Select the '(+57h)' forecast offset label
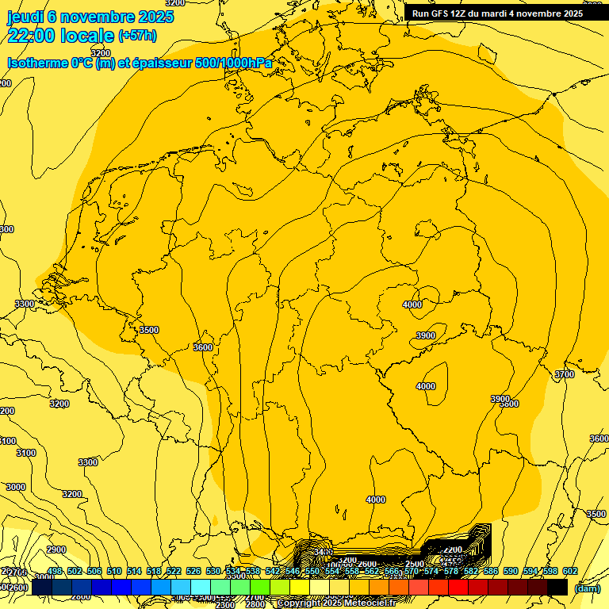pyautogui.click(x=136, y=36)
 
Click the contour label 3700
pyautogui.click(x=564, y=374)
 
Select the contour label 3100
pyautogui.click(x=26, y=453)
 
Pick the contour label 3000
pyautogui.click(x=16, y=487)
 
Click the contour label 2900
pyautogui.click(x=56, y=550)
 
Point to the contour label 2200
pyautogui.click(x=452, y=550)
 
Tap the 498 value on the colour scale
pyautogui.click(x=55, y=571)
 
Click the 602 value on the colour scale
pyautogui.click(x=569, y=571)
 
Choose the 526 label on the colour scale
pyautogui.click(x=193, y=571)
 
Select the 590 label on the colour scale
pyautogui.click(x=511, y=571)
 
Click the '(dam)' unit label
pyautogui.click(x=587, y=588)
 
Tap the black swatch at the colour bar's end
pyautogui.click(x=557, y=588)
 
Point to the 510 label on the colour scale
pyautogui.click(x=114, y=571)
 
